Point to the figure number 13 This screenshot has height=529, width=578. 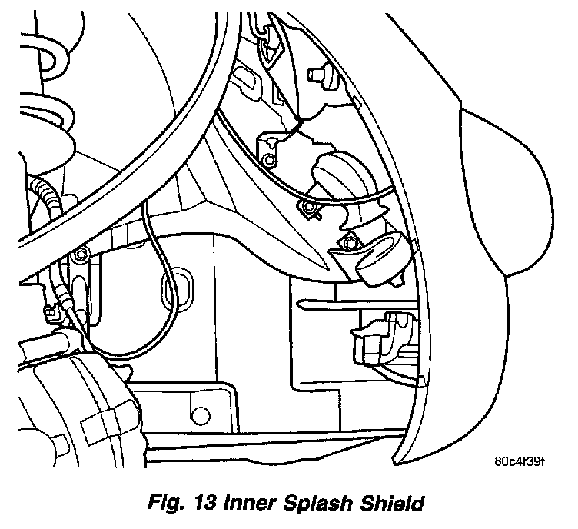pyautogui.click(x=201, y=504)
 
